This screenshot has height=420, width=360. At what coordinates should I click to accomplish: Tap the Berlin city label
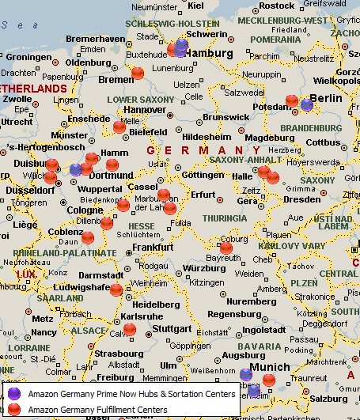coord(325,98)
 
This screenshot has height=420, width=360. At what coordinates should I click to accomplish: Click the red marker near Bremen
coord(138,74)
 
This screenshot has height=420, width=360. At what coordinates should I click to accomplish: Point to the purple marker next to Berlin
coord(306,104)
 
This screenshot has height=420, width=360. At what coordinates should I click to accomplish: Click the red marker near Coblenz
coord(88,237)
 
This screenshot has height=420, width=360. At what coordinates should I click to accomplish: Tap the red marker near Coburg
coord(226,247)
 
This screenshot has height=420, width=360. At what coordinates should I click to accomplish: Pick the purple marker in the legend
coord(14,393)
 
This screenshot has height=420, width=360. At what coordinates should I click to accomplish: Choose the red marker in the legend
coord(14,409)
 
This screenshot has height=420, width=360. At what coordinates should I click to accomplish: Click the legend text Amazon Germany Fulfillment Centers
coord(97,410)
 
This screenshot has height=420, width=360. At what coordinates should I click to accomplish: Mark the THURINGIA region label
coord(225,218)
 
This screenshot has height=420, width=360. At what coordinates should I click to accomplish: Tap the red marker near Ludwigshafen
coord(116,289)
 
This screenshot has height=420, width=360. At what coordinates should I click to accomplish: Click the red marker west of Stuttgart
coord(130,330)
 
